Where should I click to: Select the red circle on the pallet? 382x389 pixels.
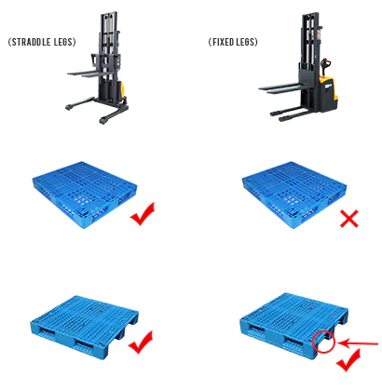[323, 342]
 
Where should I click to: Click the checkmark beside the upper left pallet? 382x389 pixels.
[143, 216]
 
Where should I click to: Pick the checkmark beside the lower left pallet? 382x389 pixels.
[142, 346]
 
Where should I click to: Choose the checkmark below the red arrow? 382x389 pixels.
[349, 360]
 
